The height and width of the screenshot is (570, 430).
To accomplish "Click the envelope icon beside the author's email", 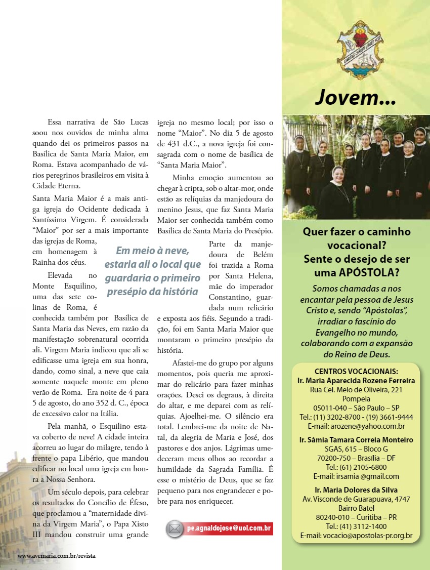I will coord(175,529).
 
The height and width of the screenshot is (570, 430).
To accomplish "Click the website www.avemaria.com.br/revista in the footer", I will coord(57,555).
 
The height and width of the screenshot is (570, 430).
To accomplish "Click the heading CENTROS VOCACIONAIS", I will coord(356,371).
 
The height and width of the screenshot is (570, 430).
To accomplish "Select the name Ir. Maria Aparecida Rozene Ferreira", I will coord(356,380).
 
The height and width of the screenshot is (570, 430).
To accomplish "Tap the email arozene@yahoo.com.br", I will coord(356,426).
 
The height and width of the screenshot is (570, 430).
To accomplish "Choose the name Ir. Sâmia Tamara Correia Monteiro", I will coord(356,440).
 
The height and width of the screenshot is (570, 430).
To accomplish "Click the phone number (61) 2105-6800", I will coord(356,467).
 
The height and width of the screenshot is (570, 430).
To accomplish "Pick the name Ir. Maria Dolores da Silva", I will coord(356,490).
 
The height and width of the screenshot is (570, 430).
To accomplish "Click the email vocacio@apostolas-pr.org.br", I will coord(356,536).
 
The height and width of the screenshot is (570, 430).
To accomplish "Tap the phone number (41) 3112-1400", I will coord(356,526).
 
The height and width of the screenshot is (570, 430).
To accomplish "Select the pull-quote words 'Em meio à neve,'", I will coord(152,251).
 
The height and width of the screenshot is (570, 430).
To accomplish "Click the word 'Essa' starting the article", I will coord(55,122).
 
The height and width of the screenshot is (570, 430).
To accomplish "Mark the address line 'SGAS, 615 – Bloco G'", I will coord(356,449).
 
